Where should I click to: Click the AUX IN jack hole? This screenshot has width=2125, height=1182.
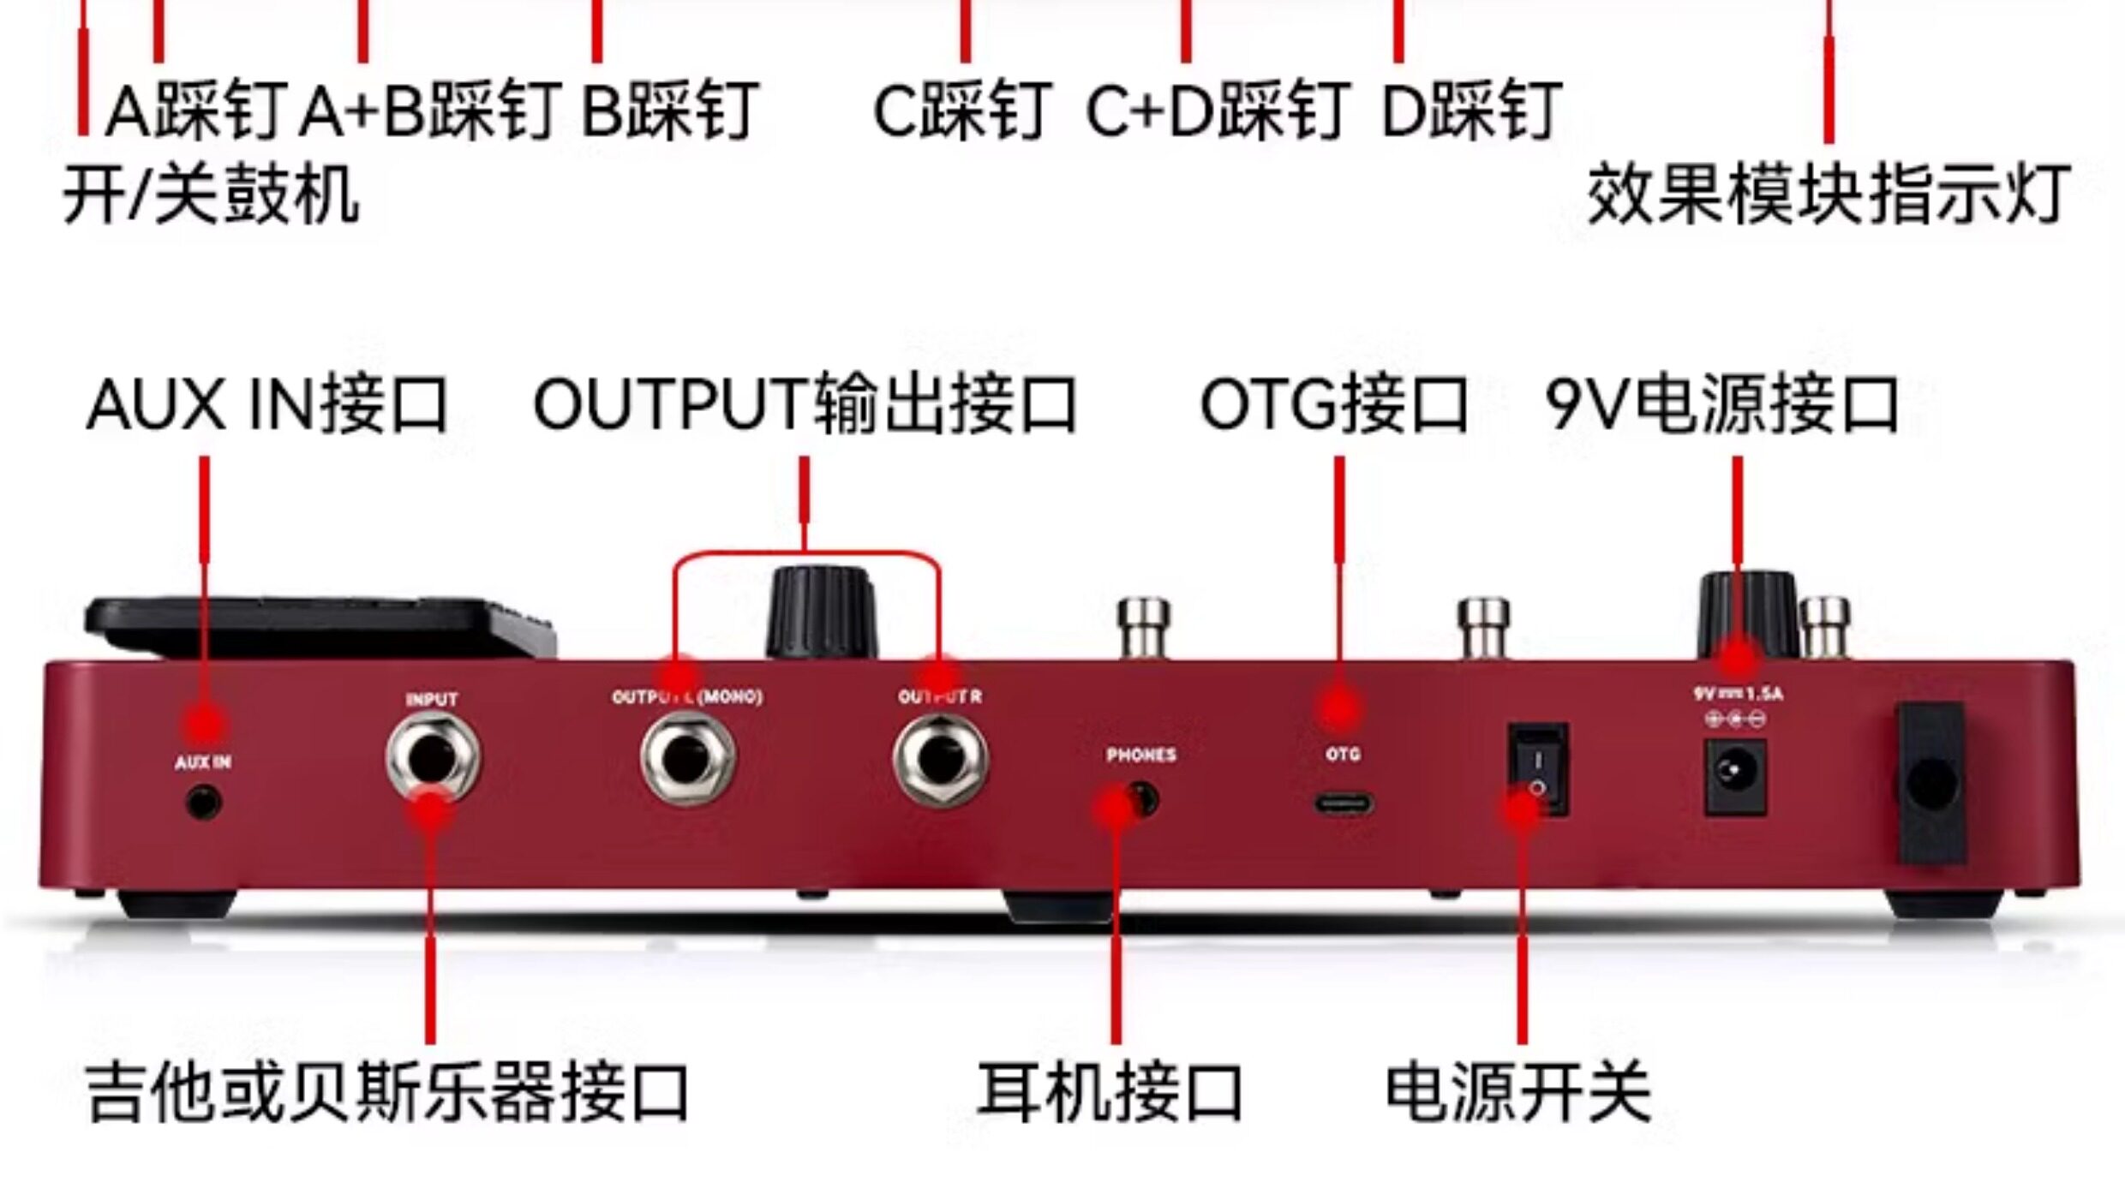tap(203, 803)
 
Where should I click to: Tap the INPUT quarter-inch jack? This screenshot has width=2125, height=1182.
tap(432, 757)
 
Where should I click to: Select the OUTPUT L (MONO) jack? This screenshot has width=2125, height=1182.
tap(687, 759)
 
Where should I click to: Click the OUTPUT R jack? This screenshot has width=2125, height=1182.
tap(940, 759)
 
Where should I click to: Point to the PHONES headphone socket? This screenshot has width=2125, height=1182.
tap(1141, 800)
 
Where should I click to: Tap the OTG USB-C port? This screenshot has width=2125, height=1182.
tap(1343, 804)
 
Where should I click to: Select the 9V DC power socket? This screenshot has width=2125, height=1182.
tap(1735, 777)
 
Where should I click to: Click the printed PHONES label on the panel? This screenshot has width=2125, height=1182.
tap(1140, 755)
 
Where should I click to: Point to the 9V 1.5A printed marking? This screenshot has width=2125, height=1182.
tap(1737, 693)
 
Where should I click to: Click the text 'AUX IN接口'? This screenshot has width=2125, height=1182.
tap(267, 405)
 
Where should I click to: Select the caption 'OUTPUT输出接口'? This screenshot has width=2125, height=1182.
tap(804, 405)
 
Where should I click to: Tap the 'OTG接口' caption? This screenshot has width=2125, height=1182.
tap(1333, 405)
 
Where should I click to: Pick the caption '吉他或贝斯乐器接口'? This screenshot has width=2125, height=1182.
tap(387, 1092)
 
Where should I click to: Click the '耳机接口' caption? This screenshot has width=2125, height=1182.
tap(1110, 1092)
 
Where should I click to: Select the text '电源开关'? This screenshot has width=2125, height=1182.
tap(1517, 1092)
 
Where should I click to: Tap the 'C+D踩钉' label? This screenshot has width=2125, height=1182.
tap(1218, 111)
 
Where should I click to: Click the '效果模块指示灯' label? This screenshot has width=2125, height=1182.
tap(1829, 195)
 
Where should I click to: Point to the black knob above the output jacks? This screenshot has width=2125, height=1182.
tap(820, 612)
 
